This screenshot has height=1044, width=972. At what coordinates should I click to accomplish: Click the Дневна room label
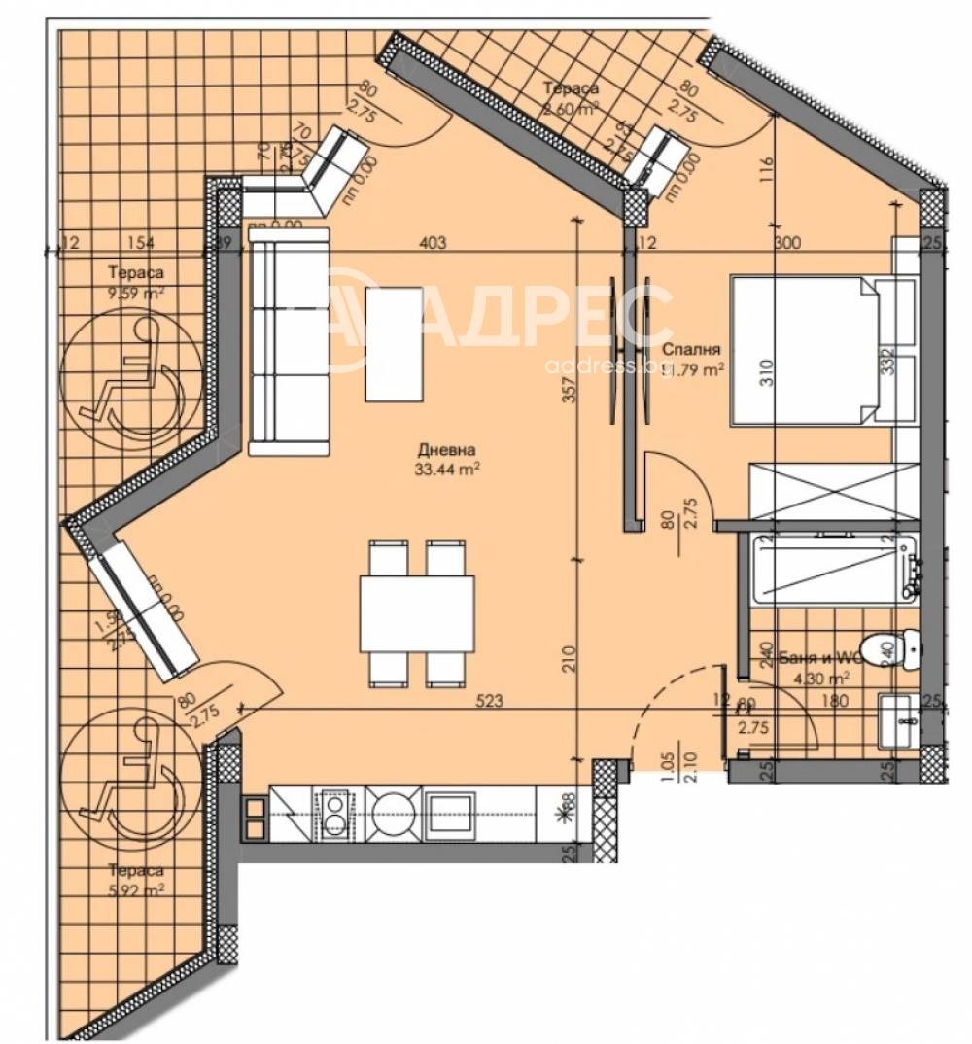coord(446,450)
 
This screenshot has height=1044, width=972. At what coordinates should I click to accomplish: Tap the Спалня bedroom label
coord(691,349)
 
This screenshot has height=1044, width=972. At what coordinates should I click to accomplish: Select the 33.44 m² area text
coord(446,468)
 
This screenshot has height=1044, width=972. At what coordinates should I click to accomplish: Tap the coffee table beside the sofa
coord(394,344)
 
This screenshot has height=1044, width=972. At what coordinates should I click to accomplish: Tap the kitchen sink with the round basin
coord(395,813)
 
